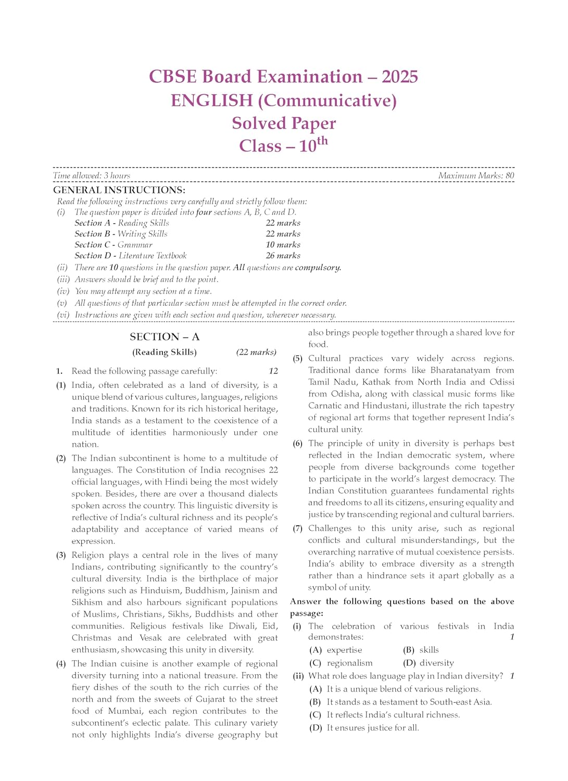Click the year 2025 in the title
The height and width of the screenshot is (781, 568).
tap(399, 77)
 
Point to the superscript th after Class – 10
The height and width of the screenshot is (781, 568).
tap(322, 141)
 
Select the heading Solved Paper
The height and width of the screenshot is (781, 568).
tap(284, 123)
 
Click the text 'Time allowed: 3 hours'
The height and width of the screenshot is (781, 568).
tap(92, 175)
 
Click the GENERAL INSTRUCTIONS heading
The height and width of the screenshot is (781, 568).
tap(119, 190)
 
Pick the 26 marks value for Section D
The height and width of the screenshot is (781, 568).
tap(283, 256)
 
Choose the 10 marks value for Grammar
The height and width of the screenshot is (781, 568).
tap(283, 245)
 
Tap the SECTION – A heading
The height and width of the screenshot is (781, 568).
tap(165, 337)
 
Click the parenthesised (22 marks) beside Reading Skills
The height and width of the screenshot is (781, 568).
tap(256, 352)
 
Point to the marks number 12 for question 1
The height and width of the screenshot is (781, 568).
tap(273, 371)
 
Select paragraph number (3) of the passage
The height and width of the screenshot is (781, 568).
tap(61, 555)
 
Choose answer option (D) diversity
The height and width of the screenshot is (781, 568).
tap(428, 663)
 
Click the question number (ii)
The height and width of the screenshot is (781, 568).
tap(298, 676)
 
